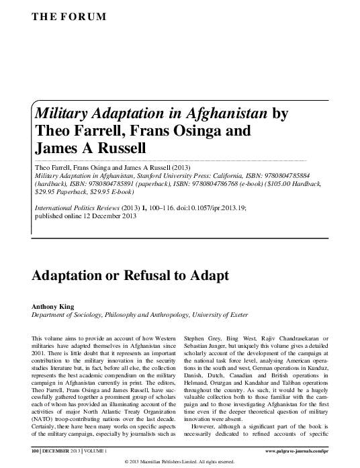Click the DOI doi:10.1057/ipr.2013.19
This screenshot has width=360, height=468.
pyautogui.click(x=208, y=208)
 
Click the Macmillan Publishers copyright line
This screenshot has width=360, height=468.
pyautogui.click(x=179, y=461)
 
